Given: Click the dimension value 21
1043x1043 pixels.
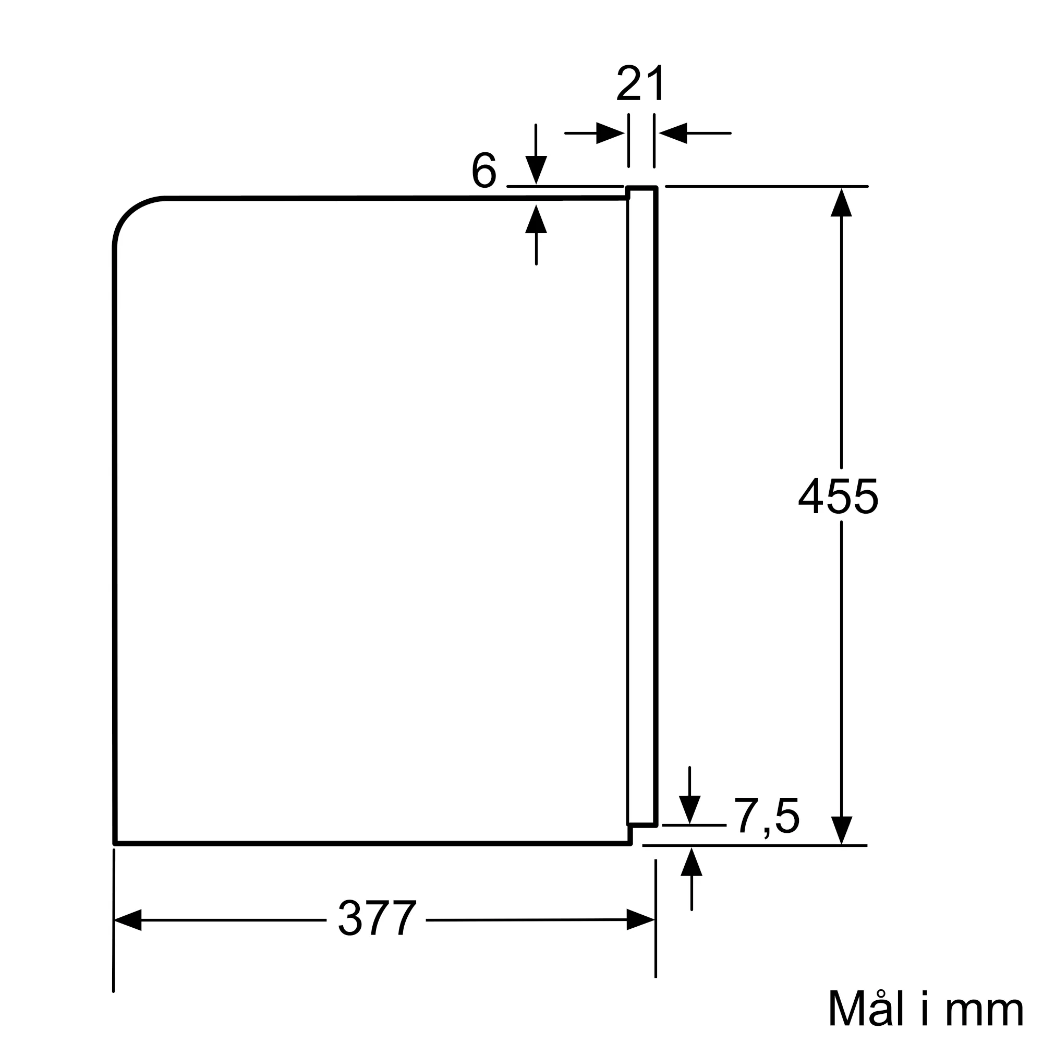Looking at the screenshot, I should [x=641, y=83].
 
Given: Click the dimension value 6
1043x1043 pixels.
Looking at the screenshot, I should [x=484, y=171].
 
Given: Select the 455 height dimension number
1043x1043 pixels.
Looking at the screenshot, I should [x=838, y=496].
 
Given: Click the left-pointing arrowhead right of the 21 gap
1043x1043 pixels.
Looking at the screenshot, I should [x=673, y=133].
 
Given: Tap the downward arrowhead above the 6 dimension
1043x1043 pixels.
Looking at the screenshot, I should [x=536, y=169].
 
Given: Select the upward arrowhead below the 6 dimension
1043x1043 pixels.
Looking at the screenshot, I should [x=536, y=219].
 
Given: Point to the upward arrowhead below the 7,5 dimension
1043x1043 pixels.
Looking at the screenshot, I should [x=692, y=862].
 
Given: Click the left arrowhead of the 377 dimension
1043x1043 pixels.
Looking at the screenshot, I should [x=128, y=920].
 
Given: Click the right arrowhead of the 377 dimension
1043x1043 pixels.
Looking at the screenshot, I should [x=640, y=919].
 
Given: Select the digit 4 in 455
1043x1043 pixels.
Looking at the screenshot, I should [x=811, y=496].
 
